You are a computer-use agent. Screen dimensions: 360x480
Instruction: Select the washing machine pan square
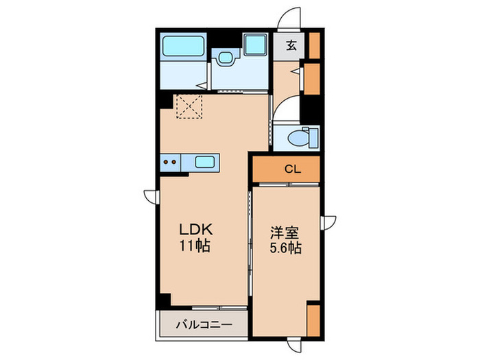(x=255, y=47)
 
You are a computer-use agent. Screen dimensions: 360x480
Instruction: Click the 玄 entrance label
(x=291, y=47)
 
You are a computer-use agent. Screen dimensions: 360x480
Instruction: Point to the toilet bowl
(x=300, y=137)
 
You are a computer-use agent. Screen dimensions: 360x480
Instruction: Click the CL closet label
(x=291, y=169)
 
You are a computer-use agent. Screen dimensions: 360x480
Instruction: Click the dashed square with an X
(x=188, y=107)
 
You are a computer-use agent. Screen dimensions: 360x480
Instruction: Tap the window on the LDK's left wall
(x=150, y=195)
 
